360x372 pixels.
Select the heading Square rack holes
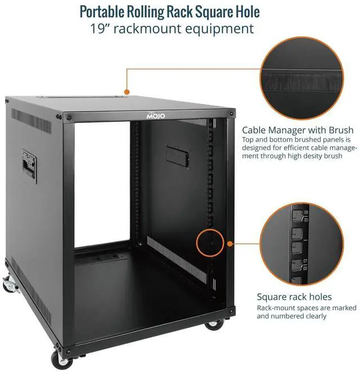click(294, 297)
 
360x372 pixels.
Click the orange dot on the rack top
click(127, 90)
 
